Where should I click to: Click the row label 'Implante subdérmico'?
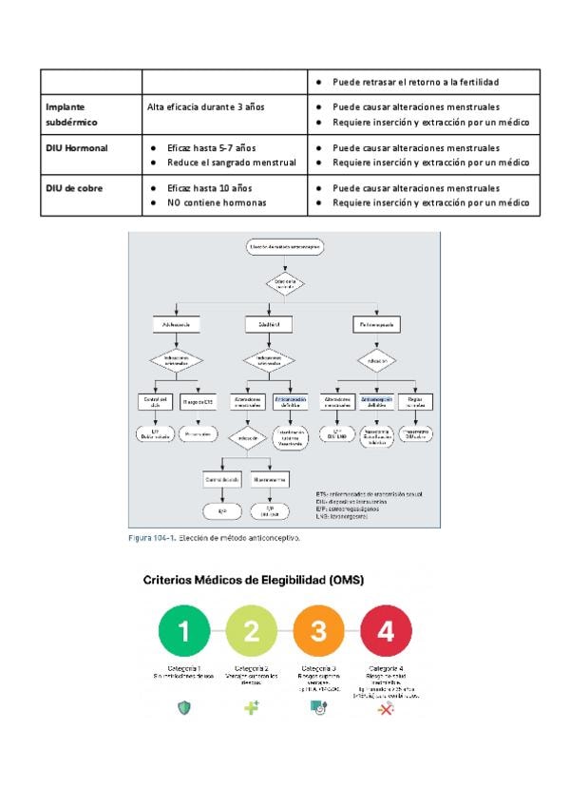pyautogui.click(x=71, y=115)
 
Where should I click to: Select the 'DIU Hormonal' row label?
pyautogui.click(x=77, y=148)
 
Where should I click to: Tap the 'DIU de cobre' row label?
pyautogui.click(x=74, y=188)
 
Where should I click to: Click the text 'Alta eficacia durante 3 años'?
pyautogui.click(x=206, y=107)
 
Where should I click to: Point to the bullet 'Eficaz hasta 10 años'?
pyautogui.click(x=210, y=188)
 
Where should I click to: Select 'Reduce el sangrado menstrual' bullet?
pyautogui.click(x=231, y=163)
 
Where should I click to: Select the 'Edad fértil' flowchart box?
pyautogui.click(x=270, y=324)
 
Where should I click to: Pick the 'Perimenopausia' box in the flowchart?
pyautogui.click(x=377, y=324)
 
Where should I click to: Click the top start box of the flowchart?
pyautogui.click(x=283, y=247)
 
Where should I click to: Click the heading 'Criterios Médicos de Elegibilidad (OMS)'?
pyautogui.click(x=254, y=579)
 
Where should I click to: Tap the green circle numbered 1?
pyautogui.click(x=184, y=630)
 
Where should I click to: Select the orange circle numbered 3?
pyautogui.click(x=319, y=630)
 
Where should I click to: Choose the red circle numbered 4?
pyautogui.click(x=386, y=630)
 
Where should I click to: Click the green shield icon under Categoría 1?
pyautogui.click(x=184, y=709)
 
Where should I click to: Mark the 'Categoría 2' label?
pyautogui.click(x=252, y=667)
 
